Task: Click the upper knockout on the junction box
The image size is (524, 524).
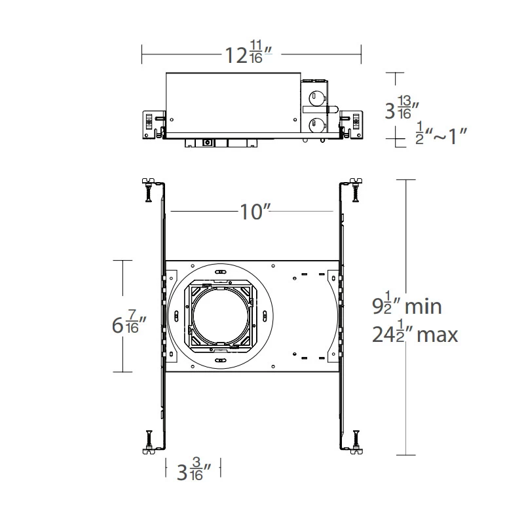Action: (316, 98)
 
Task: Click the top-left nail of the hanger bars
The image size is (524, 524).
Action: (148, 189)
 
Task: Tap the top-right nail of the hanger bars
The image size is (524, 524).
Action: (356, 189)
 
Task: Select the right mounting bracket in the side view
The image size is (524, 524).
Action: (352, 124)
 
